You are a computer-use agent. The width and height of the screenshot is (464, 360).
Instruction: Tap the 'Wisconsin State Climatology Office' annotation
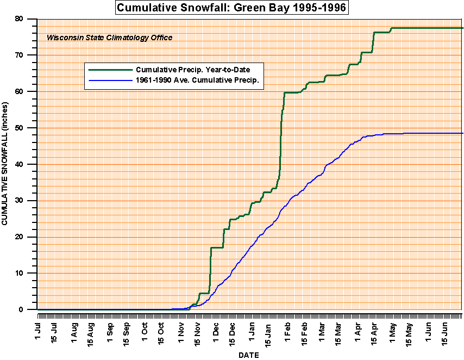109,38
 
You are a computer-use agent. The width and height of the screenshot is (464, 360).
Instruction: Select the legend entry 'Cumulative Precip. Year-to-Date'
199,70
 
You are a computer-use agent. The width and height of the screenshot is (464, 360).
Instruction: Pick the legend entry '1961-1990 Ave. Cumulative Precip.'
197,80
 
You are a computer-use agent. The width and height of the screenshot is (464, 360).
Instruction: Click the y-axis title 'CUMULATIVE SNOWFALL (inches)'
5,164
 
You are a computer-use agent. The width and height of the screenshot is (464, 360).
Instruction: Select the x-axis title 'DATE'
249,355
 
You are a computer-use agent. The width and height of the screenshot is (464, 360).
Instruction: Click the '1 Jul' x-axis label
39,330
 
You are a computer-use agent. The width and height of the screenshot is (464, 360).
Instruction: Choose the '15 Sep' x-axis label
126,332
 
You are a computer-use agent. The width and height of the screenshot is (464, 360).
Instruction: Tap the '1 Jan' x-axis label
252,330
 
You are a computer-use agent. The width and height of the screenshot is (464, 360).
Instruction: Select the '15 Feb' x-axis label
305,332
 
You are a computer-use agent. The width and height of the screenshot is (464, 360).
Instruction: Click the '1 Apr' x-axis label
358,330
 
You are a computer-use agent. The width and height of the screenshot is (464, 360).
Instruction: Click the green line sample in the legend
110,70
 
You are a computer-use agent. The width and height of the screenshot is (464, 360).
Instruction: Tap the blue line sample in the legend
110,80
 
